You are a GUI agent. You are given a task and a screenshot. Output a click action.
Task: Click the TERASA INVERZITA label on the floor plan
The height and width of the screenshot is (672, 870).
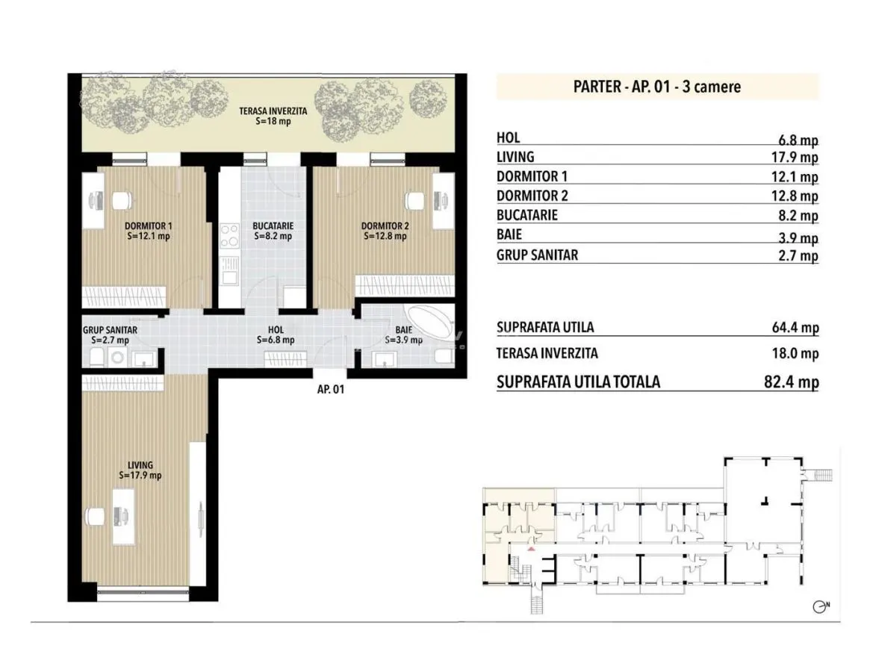pyautogui.click(x=273, y=111)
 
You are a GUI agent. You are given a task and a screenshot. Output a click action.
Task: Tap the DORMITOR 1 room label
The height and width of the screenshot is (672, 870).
pyautogui.click(x=148, y=225)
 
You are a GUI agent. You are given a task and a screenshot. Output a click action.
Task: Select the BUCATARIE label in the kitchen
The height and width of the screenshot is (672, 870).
pyautogui.click(x=273, y=225)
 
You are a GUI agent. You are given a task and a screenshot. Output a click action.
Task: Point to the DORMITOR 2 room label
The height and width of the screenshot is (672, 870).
pyautogui.click(x=385, y=225)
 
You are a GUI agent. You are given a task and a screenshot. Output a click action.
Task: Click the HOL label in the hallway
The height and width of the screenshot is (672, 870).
pyautogui.click(x=276, y=329)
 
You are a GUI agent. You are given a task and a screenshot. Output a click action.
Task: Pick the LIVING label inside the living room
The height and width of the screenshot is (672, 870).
pyautogui.click(x=140, y=465)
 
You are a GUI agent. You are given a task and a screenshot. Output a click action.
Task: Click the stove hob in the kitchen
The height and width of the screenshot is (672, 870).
pyautogui.click(x=229, y=234)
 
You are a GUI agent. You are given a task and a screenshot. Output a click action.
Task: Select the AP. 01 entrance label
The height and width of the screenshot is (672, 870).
pyautogui.click(x=331, y=389)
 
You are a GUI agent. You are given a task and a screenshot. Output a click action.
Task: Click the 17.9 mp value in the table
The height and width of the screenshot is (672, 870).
pyautogui.click(x=795, y=157)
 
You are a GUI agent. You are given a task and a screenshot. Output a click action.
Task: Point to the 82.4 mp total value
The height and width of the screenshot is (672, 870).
pyautogui.click(x=791, y=382)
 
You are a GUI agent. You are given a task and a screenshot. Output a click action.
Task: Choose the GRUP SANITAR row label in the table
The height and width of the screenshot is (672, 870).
pyautogui.click(x=537, y=255)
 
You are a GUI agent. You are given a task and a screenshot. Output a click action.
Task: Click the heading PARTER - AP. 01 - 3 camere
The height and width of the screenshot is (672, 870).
pyautogui.click(x=657, y=87)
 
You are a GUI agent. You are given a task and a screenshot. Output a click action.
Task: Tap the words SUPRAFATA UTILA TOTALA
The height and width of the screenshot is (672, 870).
pyautogui.click(x=578, y=382)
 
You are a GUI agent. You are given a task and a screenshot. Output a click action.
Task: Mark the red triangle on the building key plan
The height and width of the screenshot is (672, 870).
pyautogui.click(x=531, y=549)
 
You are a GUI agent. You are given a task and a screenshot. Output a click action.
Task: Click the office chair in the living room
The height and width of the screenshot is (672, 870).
pyautogui.click(x=95, y=516)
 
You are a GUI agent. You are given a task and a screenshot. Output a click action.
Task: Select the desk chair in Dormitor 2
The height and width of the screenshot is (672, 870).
pyautogui.click(x=414, y=200)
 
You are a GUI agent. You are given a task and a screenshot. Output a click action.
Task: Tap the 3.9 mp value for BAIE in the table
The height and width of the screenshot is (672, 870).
pyautogui.click(x=798, y=238)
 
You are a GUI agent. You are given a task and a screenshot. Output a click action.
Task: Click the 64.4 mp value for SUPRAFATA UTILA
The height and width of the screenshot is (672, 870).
pyautogui.click(x=795, y=327)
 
